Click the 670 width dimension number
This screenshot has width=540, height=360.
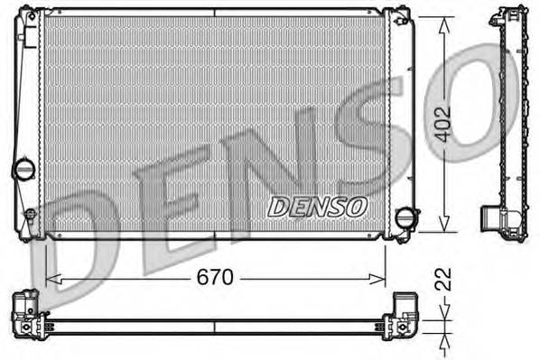[x=215, y=279]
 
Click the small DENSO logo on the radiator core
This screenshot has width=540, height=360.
[x=318, y=206]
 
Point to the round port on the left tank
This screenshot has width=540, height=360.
[x=23, y=169]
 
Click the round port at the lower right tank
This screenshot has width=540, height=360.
[x=408, y=218]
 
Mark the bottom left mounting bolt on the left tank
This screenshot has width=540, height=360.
[x=30, y=216]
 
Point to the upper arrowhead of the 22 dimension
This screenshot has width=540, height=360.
[x=442, y=311]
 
